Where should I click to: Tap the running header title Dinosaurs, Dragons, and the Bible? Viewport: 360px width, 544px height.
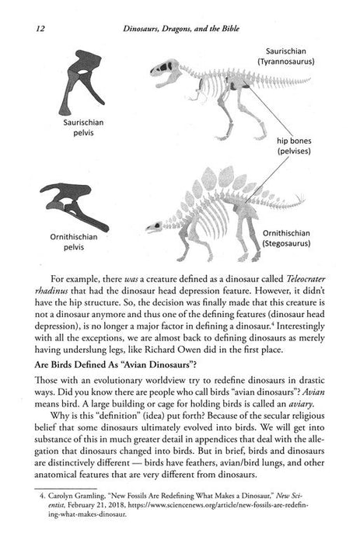(191, 30)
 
